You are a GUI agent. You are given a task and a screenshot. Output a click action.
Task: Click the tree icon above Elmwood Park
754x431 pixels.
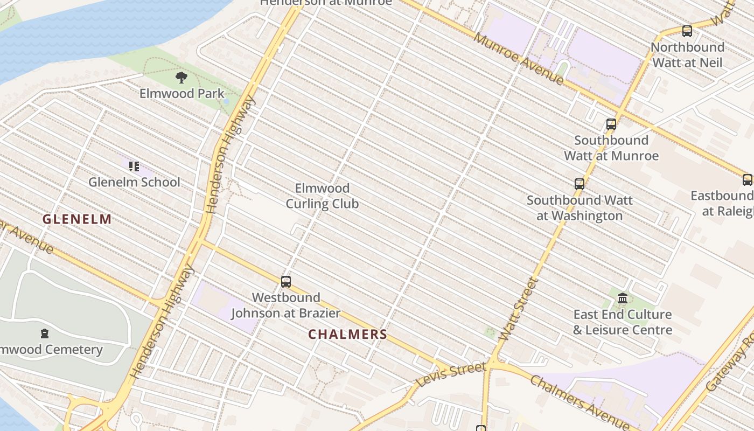pos(181,78)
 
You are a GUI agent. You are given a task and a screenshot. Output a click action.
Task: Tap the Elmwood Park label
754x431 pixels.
pos(181,94)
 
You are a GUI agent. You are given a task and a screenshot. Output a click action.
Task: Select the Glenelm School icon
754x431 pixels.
pos(134,166)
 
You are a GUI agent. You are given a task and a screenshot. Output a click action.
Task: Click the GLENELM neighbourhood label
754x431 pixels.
pos(77,219)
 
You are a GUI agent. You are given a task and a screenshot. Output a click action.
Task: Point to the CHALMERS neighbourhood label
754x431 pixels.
pos(347,335)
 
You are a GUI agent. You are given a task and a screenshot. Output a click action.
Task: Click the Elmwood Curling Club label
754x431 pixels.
pos(322,196)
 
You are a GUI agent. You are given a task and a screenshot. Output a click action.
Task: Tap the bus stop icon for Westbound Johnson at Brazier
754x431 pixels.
pos(286,281)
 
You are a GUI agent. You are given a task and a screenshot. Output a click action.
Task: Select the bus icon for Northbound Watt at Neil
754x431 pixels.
pos(687,31)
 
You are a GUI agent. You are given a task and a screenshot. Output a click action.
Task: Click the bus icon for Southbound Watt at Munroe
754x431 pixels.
pos(611,124)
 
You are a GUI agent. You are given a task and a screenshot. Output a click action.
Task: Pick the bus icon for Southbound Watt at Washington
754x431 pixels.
pos(579,184)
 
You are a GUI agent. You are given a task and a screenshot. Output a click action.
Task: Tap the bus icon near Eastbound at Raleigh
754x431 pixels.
pos(747,180)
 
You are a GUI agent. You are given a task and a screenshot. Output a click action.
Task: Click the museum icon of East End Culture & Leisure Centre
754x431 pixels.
pos(623,298)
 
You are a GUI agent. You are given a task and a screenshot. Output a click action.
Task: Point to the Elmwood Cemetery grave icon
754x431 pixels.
pos(45,333)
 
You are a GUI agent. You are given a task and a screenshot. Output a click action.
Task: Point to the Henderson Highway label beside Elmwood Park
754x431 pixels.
pos(231,154)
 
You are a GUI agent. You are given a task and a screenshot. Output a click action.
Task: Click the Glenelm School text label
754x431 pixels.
pos(134,182)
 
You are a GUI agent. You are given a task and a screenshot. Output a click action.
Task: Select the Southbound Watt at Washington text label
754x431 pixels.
pos(579,208)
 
